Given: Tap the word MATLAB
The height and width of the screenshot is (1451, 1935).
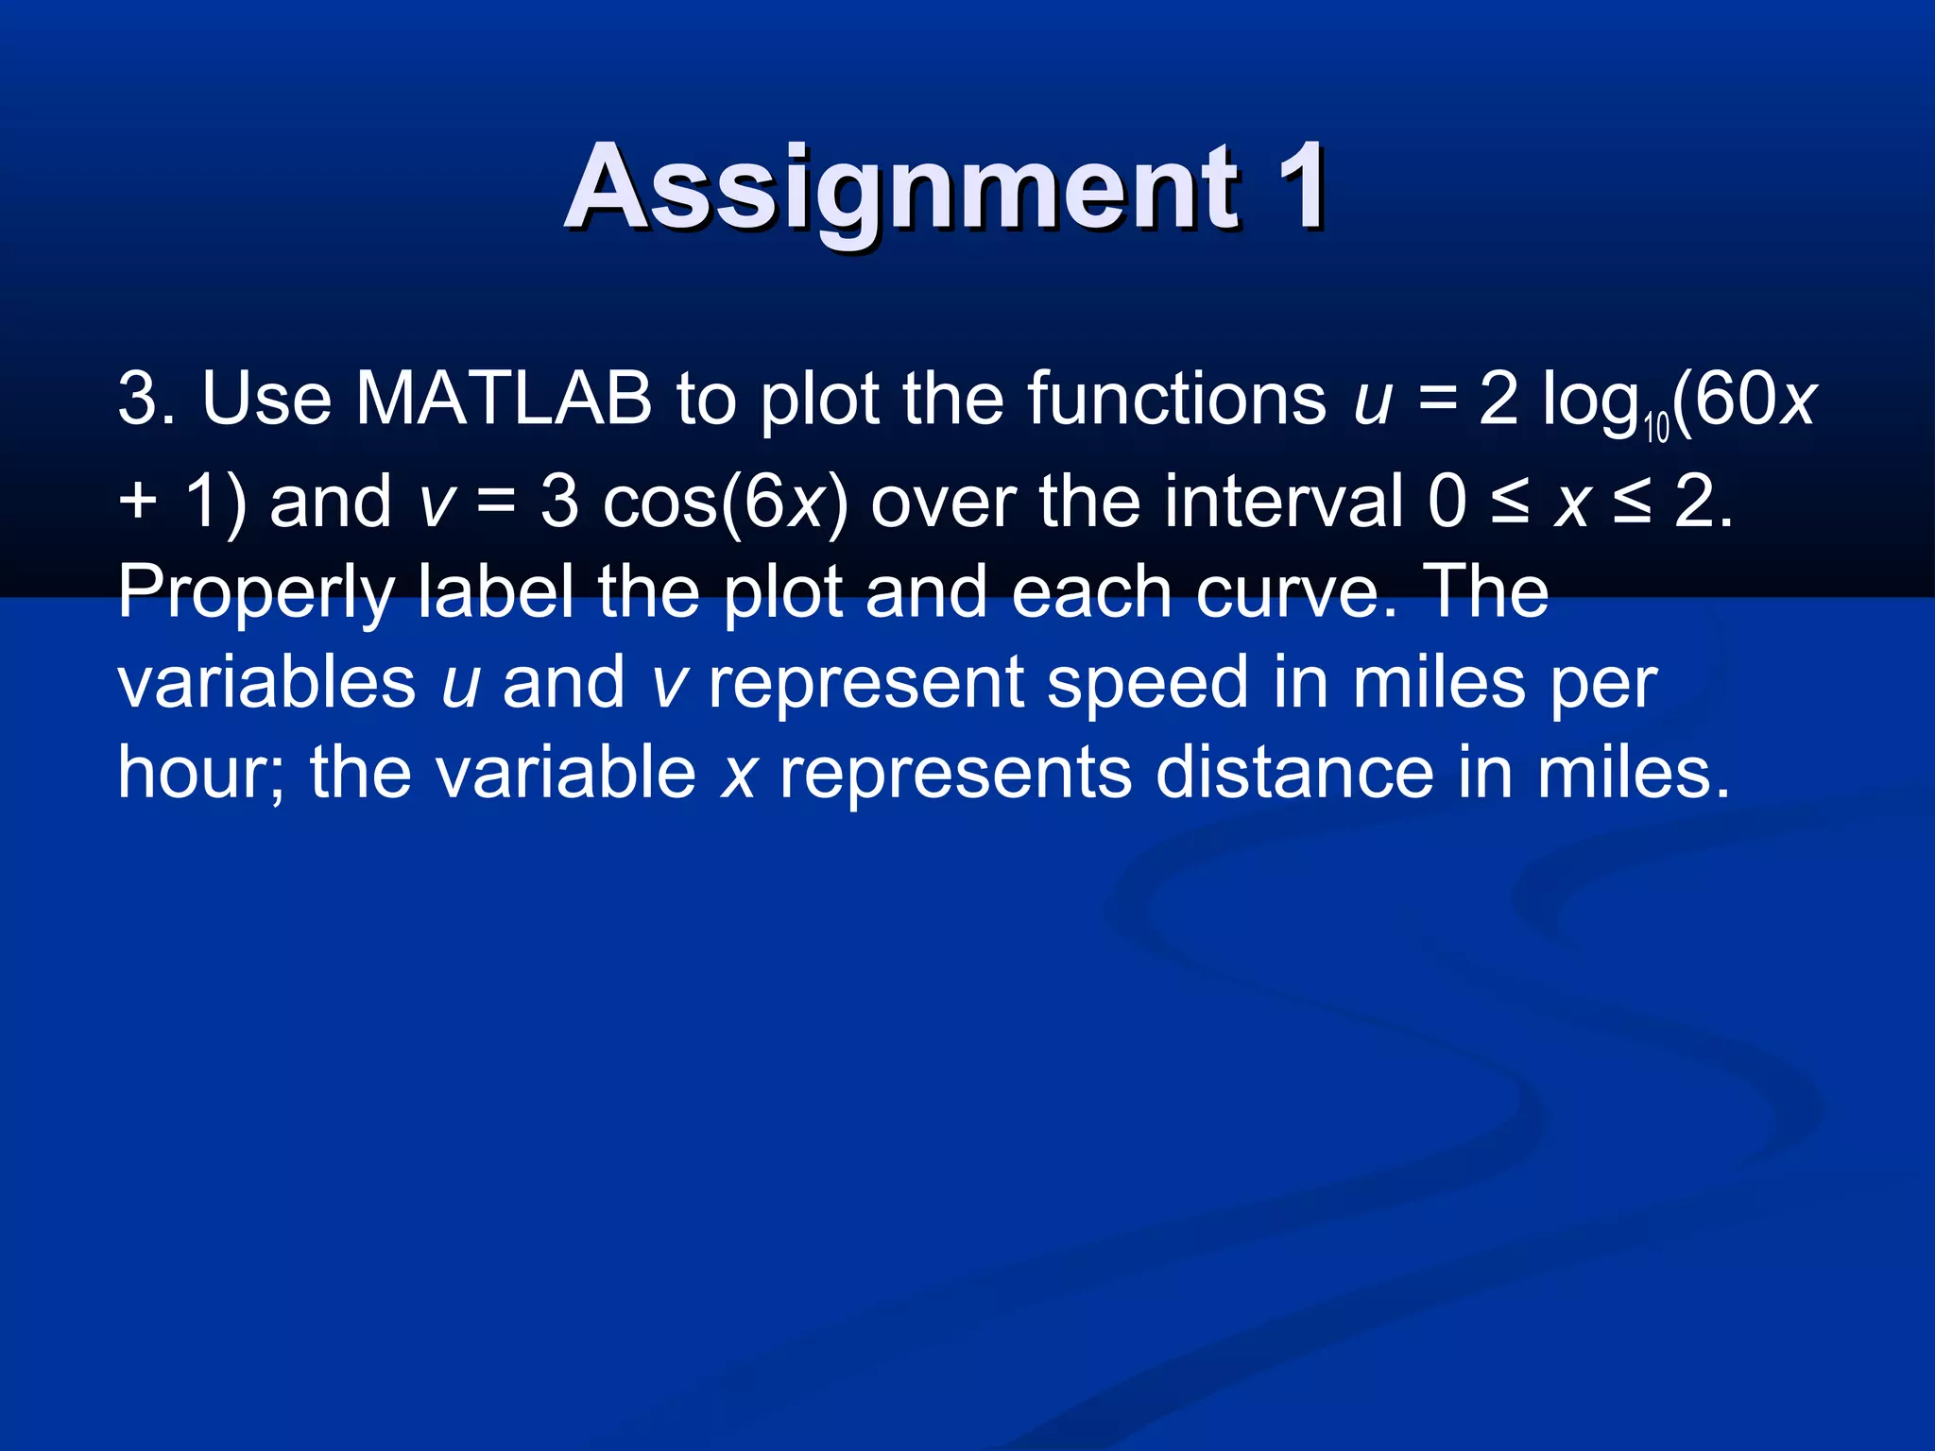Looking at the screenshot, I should [x=504, y=399].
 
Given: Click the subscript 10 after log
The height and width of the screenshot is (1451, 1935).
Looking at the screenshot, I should [x=1656, y=428].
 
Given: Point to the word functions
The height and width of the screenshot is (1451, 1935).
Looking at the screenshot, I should [x=1176, y=399].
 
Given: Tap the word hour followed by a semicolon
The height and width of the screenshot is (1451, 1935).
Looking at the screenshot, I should [x=199, y=773].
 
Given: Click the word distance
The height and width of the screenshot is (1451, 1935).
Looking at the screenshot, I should [x=1294, y=773].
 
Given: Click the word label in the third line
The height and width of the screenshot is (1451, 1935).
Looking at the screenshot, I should [x=495, y=591].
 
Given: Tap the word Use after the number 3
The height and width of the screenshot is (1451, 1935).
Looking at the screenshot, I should [x=266, y=399].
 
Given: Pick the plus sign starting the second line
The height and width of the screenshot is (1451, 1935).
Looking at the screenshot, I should [x=138, y=501].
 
